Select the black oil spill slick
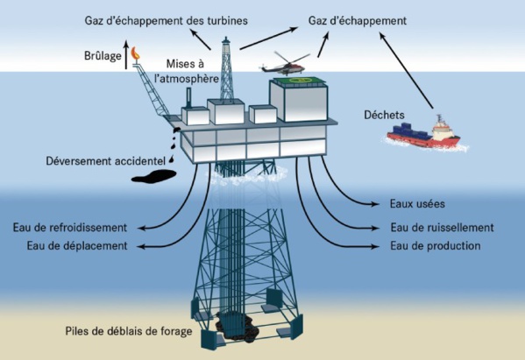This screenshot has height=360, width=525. pos(153,176)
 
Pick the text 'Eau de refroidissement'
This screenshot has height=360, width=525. pos(77,227)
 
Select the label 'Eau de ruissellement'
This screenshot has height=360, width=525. pos(442,227)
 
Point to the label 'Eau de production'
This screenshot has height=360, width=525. pos(436,246)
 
